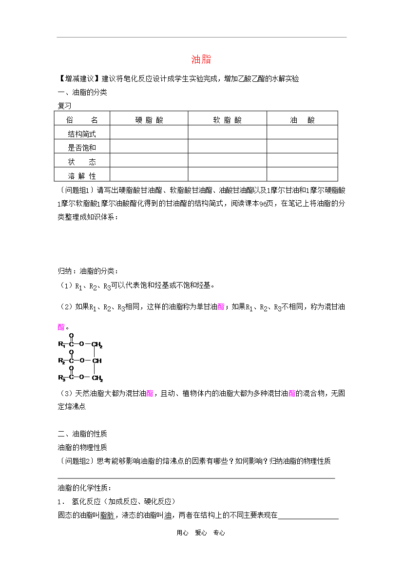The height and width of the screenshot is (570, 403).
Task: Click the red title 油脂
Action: click(x=201, y=59)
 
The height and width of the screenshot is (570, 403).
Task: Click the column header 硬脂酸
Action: click(x=149, y=120)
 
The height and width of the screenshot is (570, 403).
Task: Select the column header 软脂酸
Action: click(x=227, y=120)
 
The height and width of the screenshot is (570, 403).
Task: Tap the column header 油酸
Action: click(x=302, y=120)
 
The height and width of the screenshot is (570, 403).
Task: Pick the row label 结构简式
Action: click(x=82, y=133)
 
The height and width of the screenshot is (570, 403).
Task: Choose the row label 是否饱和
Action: click(x=82, y=147)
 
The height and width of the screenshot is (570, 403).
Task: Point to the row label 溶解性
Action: click(x=82, y=175)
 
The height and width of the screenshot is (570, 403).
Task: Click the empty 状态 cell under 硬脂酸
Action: click(x=149, y=161)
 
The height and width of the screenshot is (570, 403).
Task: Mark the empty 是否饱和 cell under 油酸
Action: click(x=302, y=147)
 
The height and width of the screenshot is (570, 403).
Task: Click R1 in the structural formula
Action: click(x=61, y=345)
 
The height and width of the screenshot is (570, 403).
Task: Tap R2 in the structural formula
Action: click(x=61, y=361)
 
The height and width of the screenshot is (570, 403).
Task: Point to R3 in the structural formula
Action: click(x=61, y=377)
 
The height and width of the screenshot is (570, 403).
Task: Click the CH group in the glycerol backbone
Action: click(x=97, y=361)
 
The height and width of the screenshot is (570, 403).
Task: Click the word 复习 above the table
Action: click(x=64, y=105)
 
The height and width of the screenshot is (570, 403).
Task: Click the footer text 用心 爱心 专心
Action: click(x=201, y=533)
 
